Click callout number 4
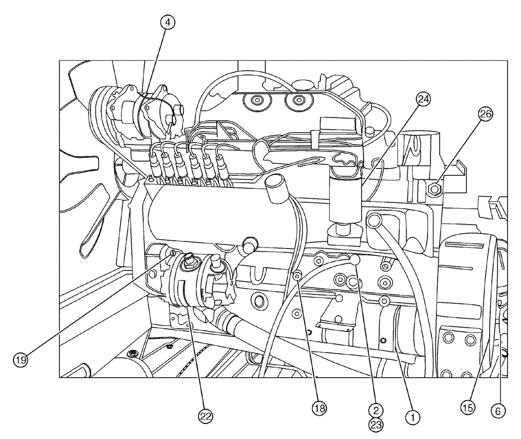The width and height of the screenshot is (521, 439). [168, 22]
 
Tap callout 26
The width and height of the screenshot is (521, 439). [486, 115]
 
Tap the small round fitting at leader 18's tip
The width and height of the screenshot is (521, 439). [296, 277]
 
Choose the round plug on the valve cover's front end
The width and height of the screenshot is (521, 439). [250, 244]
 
